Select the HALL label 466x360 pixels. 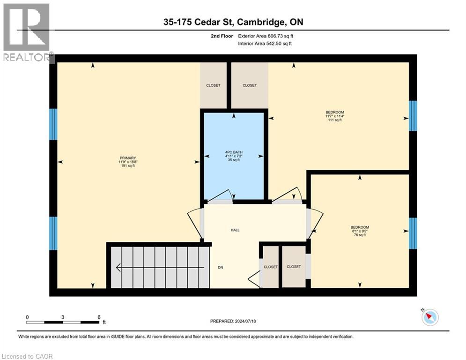coord(235,230)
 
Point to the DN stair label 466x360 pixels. coord(220,268)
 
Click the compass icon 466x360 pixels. coord(429,317)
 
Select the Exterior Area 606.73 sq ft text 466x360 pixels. coord(266,36)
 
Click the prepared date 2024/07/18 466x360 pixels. coord(233,321)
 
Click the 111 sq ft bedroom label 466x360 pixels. coord(335,116)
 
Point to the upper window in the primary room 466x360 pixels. coord(53,124)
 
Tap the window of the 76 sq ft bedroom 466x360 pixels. coord(413,233)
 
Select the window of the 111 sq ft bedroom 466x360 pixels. coord(413,116)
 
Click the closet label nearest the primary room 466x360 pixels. coord(213,85)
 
